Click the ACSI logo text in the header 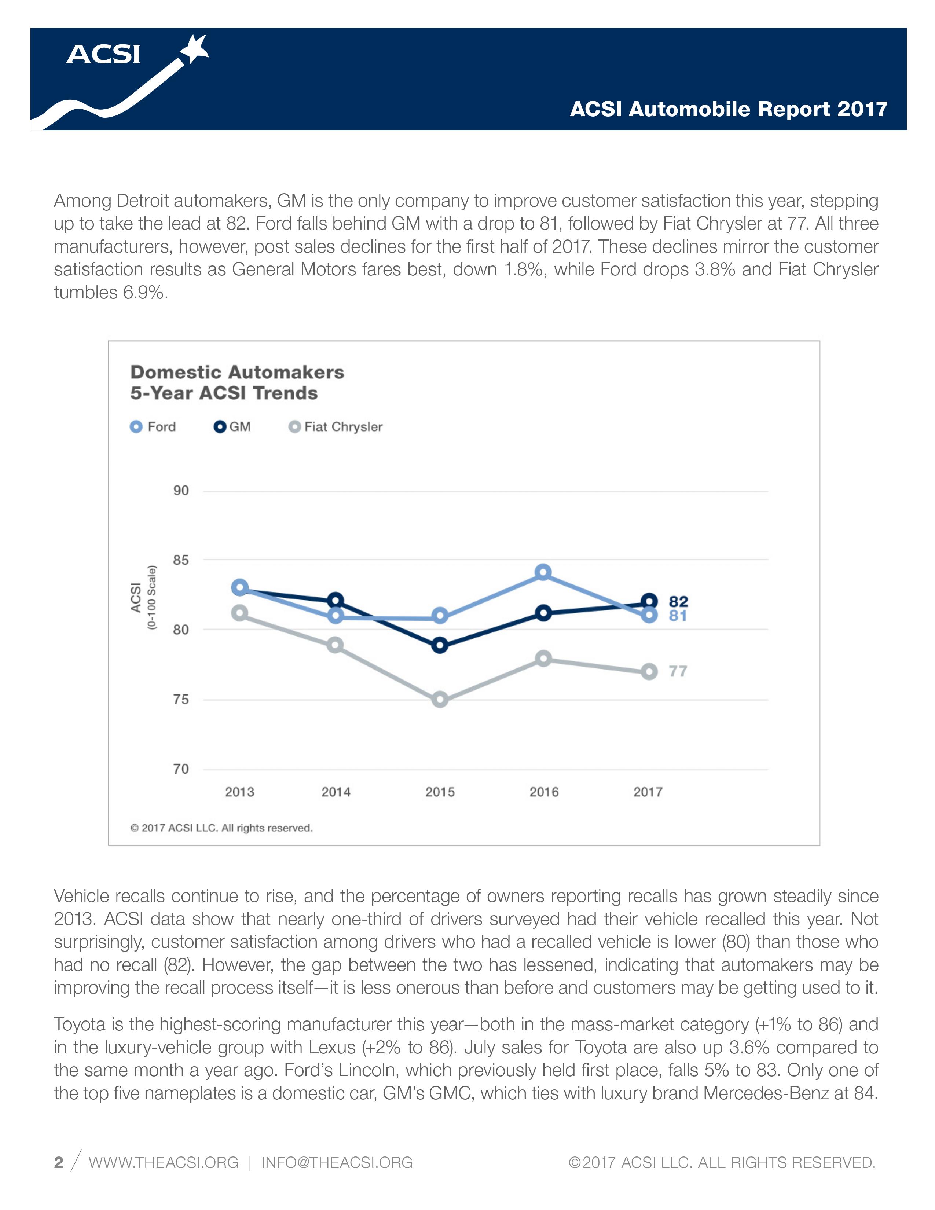(x=103, y=54)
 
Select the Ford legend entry (x=153, y=426)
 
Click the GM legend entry (x=232, y=426)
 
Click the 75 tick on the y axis (x=181, y=699)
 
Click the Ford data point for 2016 (x=543, y=572)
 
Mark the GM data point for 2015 (x=440, y=645)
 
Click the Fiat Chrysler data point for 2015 (x=440, y=699)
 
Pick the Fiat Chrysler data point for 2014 (x=335, y=645)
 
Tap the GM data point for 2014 (x=335, y=601)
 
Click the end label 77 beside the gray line (x=678, y=671)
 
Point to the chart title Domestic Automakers (x=237, y=372)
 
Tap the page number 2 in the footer (x=59, y=1162)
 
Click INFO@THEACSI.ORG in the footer (x=337, y=1162)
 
